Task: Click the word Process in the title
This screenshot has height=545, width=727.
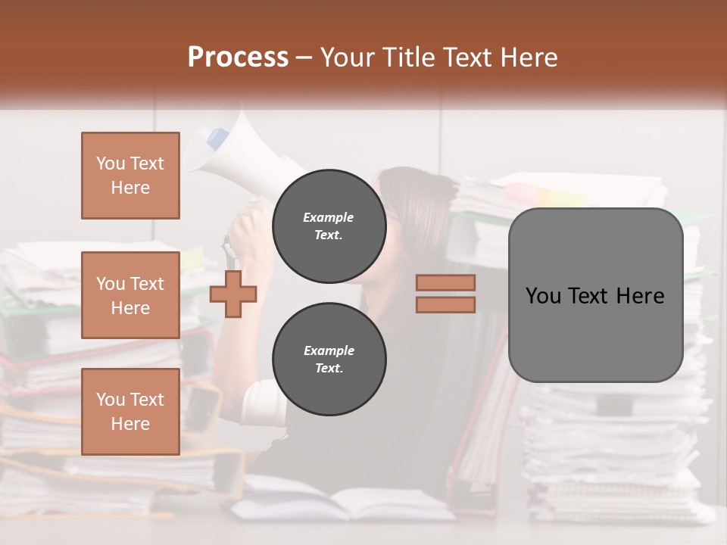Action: coord(238,58)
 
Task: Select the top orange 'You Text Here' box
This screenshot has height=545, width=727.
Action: coord(130,176)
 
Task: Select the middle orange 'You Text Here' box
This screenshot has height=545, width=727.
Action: coord(130,295)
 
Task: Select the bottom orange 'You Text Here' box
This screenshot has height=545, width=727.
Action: coord(130,412)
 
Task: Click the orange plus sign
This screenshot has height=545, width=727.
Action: coord(233,294)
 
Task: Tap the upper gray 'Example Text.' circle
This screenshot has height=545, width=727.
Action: coord(329,226)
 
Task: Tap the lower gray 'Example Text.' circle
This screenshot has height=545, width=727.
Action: coord(329,360)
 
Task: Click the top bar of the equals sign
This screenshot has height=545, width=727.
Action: coord(445,282)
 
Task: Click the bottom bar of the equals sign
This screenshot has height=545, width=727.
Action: coord(445,304)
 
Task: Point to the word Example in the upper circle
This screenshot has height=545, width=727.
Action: coord(328,217)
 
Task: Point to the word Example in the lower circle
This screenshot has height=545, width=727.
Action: coord(329,350)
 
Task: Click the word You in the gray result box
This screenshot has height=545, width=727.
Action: coord(542,296)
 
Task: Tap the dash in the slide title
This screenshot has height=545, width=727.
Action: coord(304,58)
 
